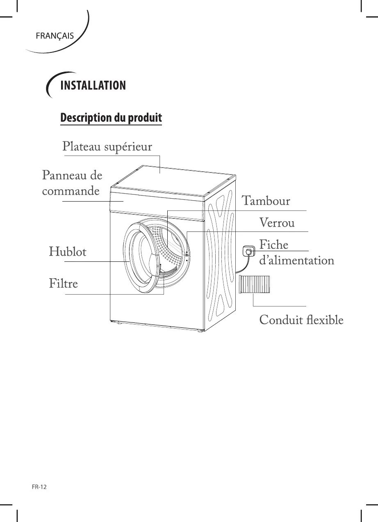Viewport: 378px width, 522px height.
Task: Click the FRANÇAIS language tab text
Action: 55,36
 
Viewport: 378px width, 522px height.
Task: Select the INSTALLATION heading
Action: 93,86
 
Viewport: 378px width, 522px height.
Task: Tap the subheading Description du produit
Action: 111,118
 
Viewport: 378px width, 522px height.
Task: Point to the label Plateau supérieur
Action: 107,147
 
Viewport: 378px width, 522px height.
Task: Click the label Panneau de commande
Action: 72,183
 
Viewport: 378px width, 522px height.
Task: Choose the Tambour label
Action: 266,201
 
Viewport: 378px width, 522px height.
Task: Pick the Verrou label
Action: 277,223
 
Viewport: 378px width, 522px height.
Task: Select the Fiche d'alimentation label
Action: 296,252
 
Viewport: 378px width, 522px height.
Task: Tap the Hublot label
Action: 68,252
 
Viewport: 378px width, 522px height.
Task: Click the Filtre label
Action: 63,283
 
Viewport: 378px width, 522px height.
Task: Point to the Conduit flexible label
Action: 301,320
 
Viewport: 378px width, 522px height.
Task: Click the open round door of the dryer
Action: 137,255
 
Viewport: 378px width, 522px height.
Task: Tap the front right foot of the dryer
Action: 200,330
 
